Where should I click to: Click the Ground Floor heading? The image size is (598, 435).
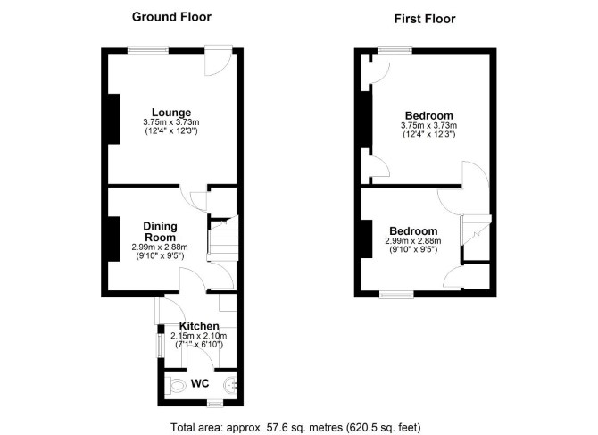pyautogui.click(x=171, y=17)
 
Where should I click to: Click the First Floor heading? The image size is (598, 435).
pyautogui.click(x=425, y=19)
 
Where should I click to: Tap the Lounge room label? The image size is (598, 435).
pyautogui.click(x=171, y=113)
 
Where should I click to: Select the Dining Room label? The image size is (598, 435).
pyautogui.click(x=160, y=231)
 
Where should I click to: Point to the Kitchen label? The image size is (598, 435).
pyautogui.click(x=199, y=326)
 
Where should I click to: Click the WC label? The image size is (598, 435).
pyautogui.click(x=200, y=383)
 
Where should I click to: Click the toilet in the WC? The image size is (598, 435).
pyautogui.click(x=176, y=385)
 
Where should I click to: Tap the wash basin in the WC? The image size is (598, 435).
pyautogui.click(x=231, y=385)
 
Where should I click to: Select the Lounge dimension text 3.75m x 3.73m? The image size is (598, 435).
pyautogui.click(x=171, y=122)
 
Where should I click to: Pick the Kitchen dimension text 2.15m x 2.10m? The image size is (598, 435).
pyautogui.click(x=199, y=336)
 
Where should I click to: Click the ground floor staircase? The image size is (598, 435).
pyautogui.click(x=223, y=238)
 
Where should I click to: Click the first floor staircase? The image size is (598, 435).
pyautogui.click(x=476, y=230)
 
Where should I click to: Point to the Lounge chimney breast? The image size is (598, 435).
pyautogui.click(x=113, y=119)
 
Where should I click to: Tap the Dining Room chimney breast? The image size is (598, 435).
pyautogui.click(x=113, y=238)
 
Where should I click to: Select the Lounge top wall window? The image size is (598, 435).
pyautogui.click(x=148, y=50)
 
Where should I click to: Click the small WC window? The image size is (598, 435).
pyautogui.click(x=215, y=403)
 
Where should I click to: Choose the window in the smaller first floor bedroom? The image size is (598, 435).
pyautogui.click(x=396, y=294)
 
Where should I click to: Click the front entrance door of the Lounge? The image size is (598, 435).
pyautogui.click(x=219, y=60)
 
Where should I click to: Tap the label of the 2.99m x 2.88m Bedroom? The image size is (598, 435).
pyautogui.click(x=413, y=231)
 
